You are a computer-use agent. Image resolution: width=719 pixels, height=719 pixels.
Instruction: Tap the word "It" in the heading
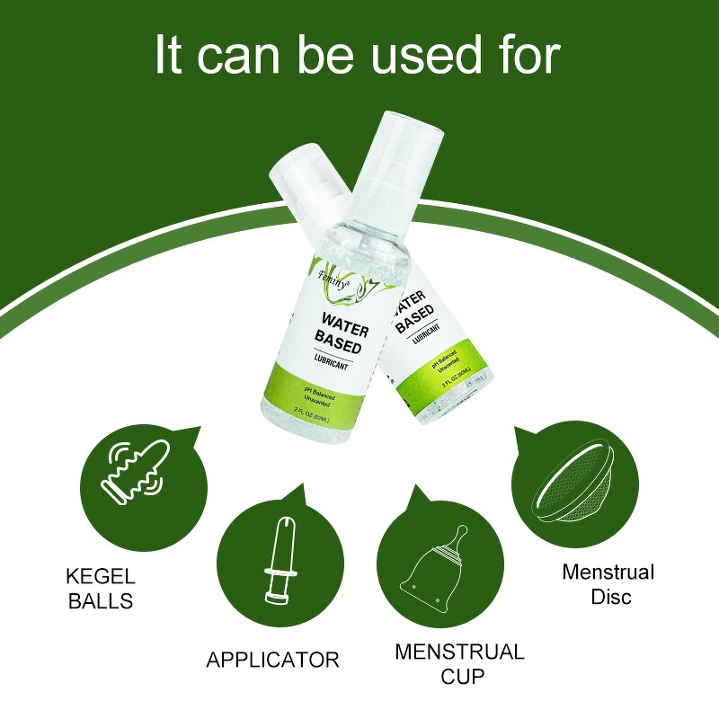click(171, 56)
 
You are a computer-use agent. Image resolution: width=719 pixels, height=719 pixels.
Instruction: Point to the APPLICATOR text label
click(272, 660)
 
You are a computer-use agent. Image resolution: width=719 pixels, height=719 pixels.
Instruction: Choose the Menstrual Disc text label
click(608, 584)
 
